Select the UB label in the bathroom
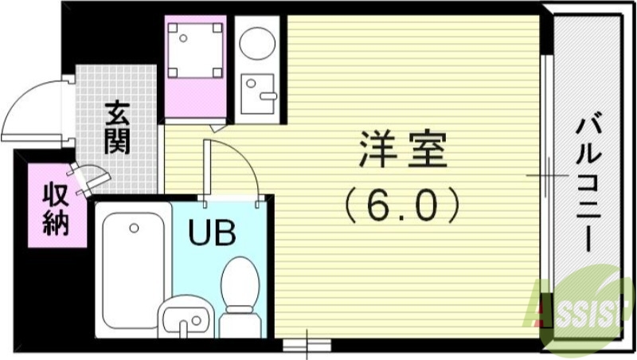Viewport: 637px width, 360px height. [x=212, y=233]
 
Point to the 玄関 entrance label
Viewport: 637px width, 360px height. [x=117, y=128]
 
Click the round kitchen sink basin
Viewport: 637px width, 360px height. [x=256, y=43]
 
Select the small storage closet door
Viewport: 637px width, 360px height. [x=90, y=176]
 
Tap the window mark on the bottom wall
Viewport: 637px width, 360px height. [x=306, y=344]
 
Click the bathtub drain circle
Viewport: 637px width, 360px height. [x=134, y=228]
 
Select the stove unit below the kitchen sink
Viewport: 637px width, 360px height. [x=256, y=93]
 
